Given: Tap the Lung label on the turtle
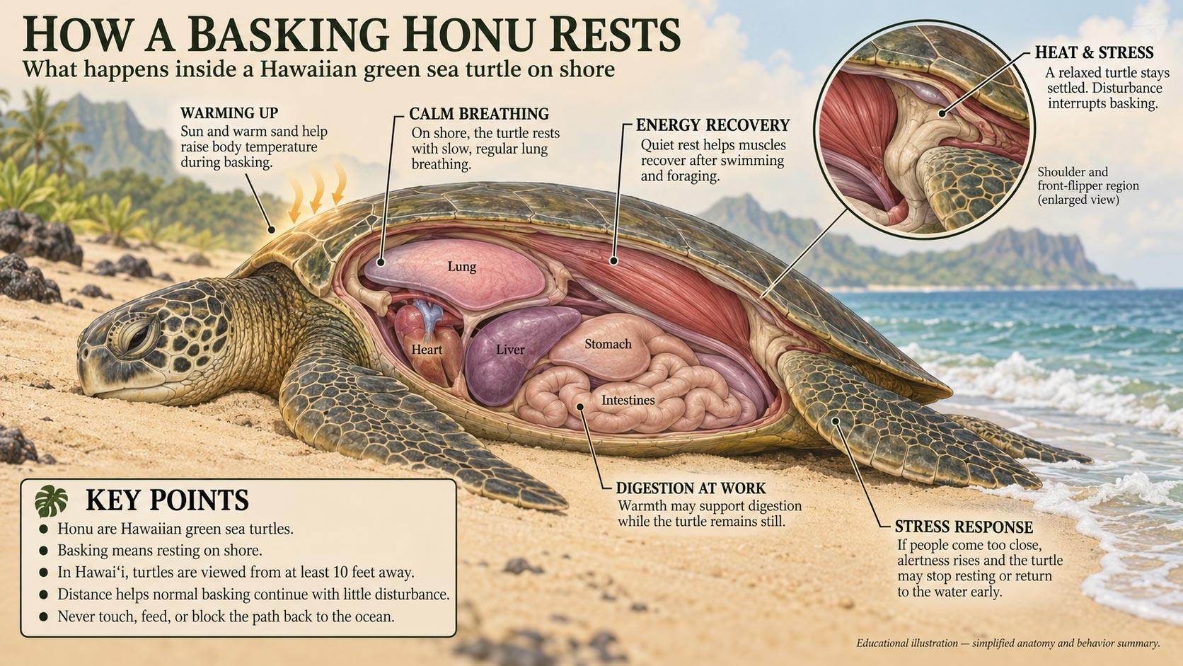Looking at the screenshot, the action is pyautogui.click(x=461, y=267).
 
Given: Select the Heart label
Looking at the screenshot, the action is pyautogui.click(x=427, y=350).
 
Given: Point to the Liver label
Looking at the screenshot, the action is pyautogui.click(x=510, y=350).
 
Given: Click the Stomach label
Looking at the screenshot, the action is pyautogui.click(x=608, y=344).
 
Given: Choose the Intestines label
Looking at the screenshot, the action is pyautogui.click(x=628, y=400).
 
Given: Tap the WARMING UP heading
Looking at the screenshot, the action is pyautogui.click(x=229, y=113).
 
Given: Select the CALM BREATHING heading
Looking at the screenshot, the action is pyautogui.click(x=479, y=113).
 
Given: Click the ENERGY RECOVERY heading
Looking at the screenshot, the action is pyautogui.click(x=712, y=125).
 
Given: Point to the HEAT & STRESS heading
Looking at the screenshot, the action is pyautogui.click(x=1095, y=53).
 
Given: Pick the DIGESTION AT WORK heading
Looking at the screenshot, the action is pyautogui.click(x=691, y=488).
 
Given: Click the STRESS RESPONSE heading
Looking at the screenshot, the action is pyautogui.click(x=964, y=527).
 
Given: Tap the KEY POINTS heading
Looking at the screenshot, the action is pyautogui.click(x=167, y=500).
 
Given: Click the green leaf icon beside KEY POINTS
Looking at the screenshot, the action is pyautogui.click(x=51, y=501).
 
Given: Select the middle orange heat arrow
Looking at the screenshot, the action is pyautogui.click(x=317, y=190).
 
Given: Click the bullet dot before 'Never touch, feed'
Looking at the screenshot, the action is pyautogui.click(x=44, y=616).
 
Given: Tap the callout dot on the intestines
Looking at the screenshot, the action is pyautogui.click(x=580, y=407).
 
